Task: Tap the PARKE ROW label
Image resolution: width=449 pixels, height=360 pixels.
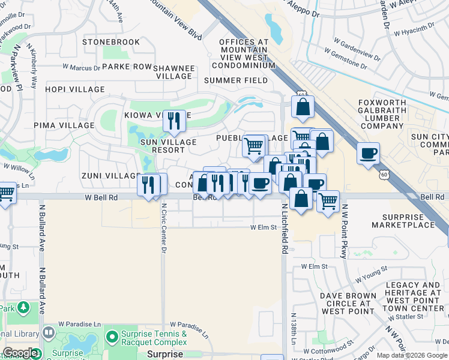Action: coord(127,67)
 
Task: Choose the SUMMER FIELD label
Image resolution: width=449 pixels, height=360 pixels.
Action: coord(236,80)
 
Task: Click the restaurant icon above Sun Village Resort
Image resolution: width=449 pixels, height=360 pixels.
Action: coord(174,121)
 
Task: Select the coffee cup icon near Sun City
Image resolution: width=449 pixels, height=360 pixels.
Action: coord(369,153)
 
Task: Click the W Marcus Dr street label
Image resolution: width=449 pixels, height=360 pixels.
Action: coord(80,68)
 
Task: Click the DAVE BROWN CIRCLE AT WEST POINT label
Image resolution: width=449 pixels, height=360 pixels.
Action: coord(348,304)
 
